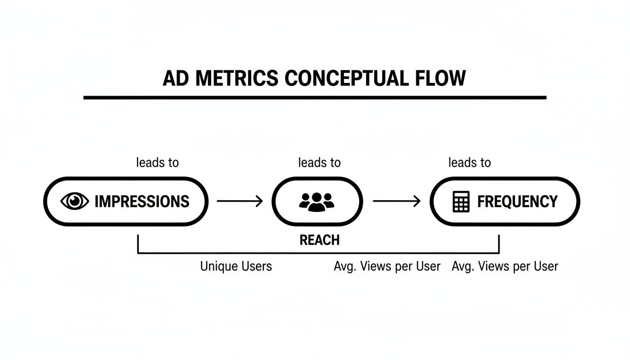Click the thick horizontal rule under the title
click(315, 97)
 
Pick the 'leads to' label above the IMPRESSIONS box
click(157, 163)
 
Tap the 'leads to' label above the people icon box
click(319, 163)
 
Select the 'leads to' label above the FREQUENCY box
click(469, 163)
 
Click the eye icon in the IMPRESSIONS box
click(75, 202)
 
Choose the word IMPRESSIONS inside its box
click(142, 202)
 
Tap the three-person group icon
click(317, 201)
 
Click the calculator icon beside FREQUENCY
click(461, 202)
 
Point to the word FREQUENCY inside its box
click(517, 202)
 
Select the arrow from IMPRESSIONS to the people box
click(240, 202)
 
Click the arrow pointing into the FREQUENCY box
click(397, 202)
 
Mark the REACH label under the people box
click(319, 240)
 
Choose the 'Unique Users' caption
click(236, 266)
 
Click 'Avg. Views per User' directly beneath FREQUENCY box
click(505, 266)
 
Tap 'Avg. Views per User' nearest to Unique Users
click(387, 266)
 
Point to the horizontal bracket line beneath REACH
click(234, 253)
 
